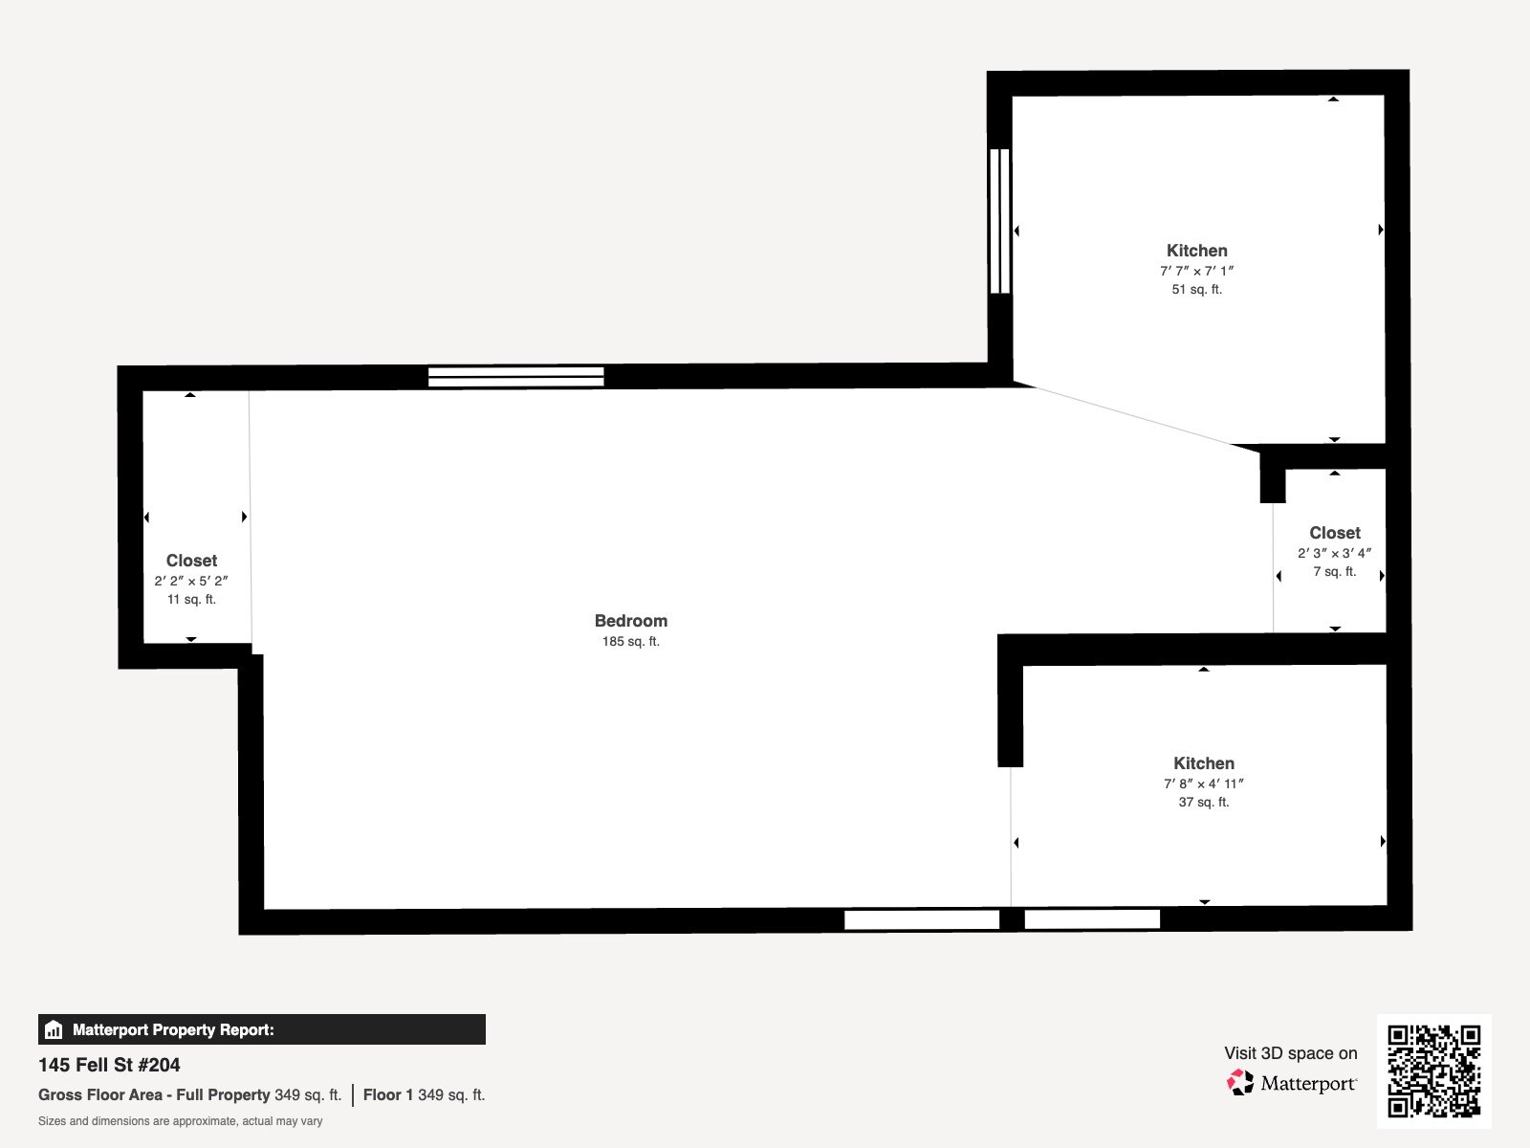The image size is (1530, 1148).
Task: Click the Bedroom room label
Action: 631,620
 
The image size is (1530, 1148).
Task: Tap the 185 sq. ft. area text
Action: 631,641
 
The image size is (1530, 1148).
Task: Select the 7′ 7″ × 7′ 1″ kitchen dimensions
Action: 1197,271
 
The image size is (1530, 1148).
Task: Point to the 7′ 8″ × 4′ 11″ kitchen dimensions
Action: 1204,784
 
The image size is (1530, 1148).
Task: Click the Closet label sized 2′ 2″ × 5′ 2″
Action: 191,561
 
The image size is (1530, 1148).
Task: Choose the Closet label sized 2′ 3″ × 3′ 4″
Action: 1335,533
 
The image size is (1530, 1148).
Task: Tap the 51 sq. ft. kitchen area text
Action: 1197,289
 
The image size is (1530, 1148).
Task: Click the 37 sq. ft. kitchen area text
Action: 1204,803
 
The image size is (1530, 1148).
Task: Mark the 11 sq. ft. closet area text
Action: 191,600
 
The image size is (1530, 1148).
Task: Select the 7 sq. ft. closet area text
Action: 1335,571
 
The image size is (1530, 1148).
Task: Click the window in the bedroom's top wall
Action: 515,376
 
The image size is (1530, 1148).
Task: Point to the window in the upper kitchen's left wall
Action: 1000,221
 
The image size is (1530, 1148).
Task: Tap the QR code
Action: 1433,1071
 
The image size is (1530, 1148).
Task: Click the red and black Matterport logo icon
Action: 1240,1083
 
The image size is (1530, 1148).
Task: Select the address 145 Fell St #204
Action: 109,1065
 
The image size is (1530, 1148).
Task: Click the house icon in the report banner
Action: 54,1029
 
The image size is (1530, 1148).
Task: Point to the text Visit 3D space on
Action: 1291,1053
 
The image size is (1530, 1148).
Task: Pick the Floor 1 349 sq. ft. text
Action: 424,1095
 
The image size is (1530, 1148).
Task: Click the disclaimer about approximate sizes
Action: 180,1121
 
